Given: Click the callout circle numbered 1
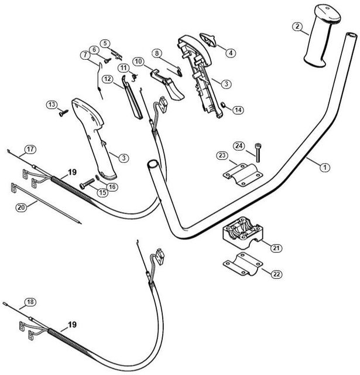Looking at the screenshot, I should click(x=323, y=167).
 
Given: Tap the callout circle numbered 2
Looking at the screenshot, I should click(x=298, y=26).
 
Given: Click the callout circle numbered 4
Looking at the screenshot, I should click(x=231, y=53).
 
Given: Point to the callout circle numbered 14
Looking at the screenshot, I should click(x=238, y=110).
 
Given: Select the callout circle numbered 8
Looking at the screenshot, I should click(x=157, y=53).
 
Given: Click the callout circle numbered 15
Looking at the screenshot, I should click(x=102, y=192).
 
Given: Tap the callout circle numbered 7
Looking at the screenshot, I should click(x=86, y=56).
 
